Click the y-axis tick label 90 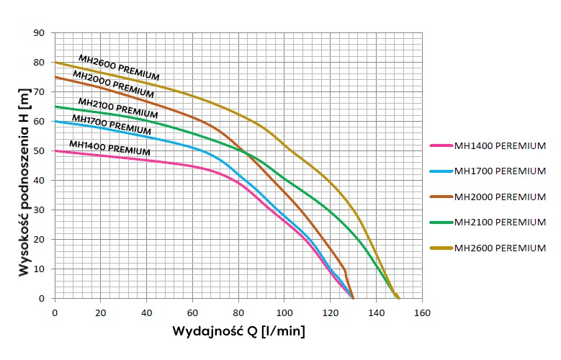click(40, 32)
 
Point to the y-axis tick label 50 click(40, 150)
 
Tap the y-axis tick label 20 click(40, 239)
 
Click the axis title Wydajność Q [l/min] click(238, 332)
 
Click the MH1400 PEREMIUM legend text click(500, 145)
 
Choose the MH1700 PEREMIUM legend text click(500, 171)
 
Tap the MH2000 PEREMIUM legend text click(500, 197)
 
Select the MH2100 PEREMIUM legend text click(500, 222)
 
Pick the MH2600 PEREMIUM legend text click(500, 248)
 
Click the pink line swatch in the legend click(441, 145)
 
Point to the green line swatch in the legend click(441, 222)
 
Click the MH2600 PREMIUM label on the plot click(119, 68)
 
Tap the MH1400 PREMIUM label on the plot click(109, 148)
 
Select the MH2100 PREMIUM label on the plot click(117, 108)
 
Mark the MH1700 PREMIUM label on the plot click(112, 124)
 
